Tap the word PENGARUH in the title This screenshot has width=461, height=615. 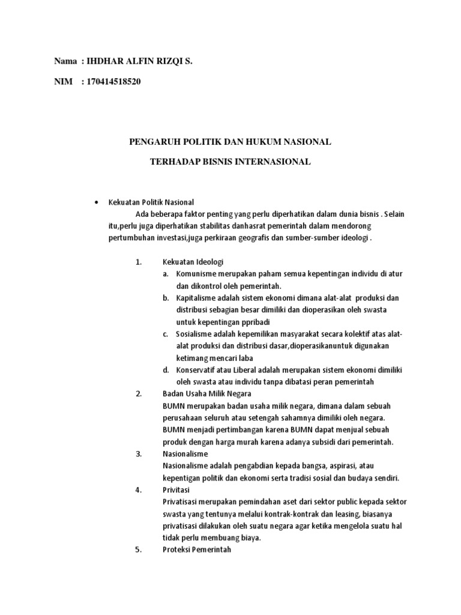click(156, 142)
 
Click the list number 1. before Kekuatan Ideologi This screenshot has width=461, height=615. click(138, 262)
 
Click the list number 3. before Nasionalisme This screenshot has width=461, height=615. click(138, 454)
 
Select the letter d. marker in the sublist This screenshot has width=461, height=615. click(166, 370)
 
